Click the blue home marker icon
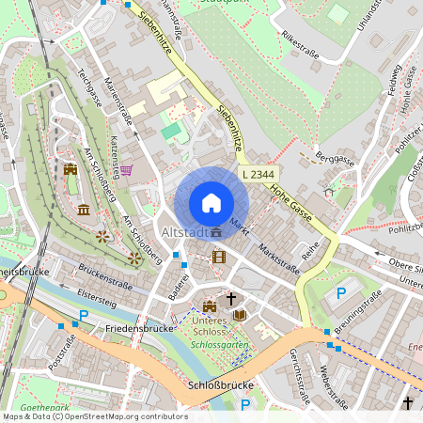pos(211,202)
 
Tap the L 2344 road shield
pos(258,174)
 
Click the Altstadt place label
pos(183,231)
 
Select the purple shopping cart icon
pos(126,170)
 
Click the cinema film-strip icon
pos(219,256)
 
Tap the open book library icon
pos(239,314)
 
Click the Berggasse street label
pos(334,157)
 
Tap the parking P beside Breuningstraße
pos(340,292)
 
